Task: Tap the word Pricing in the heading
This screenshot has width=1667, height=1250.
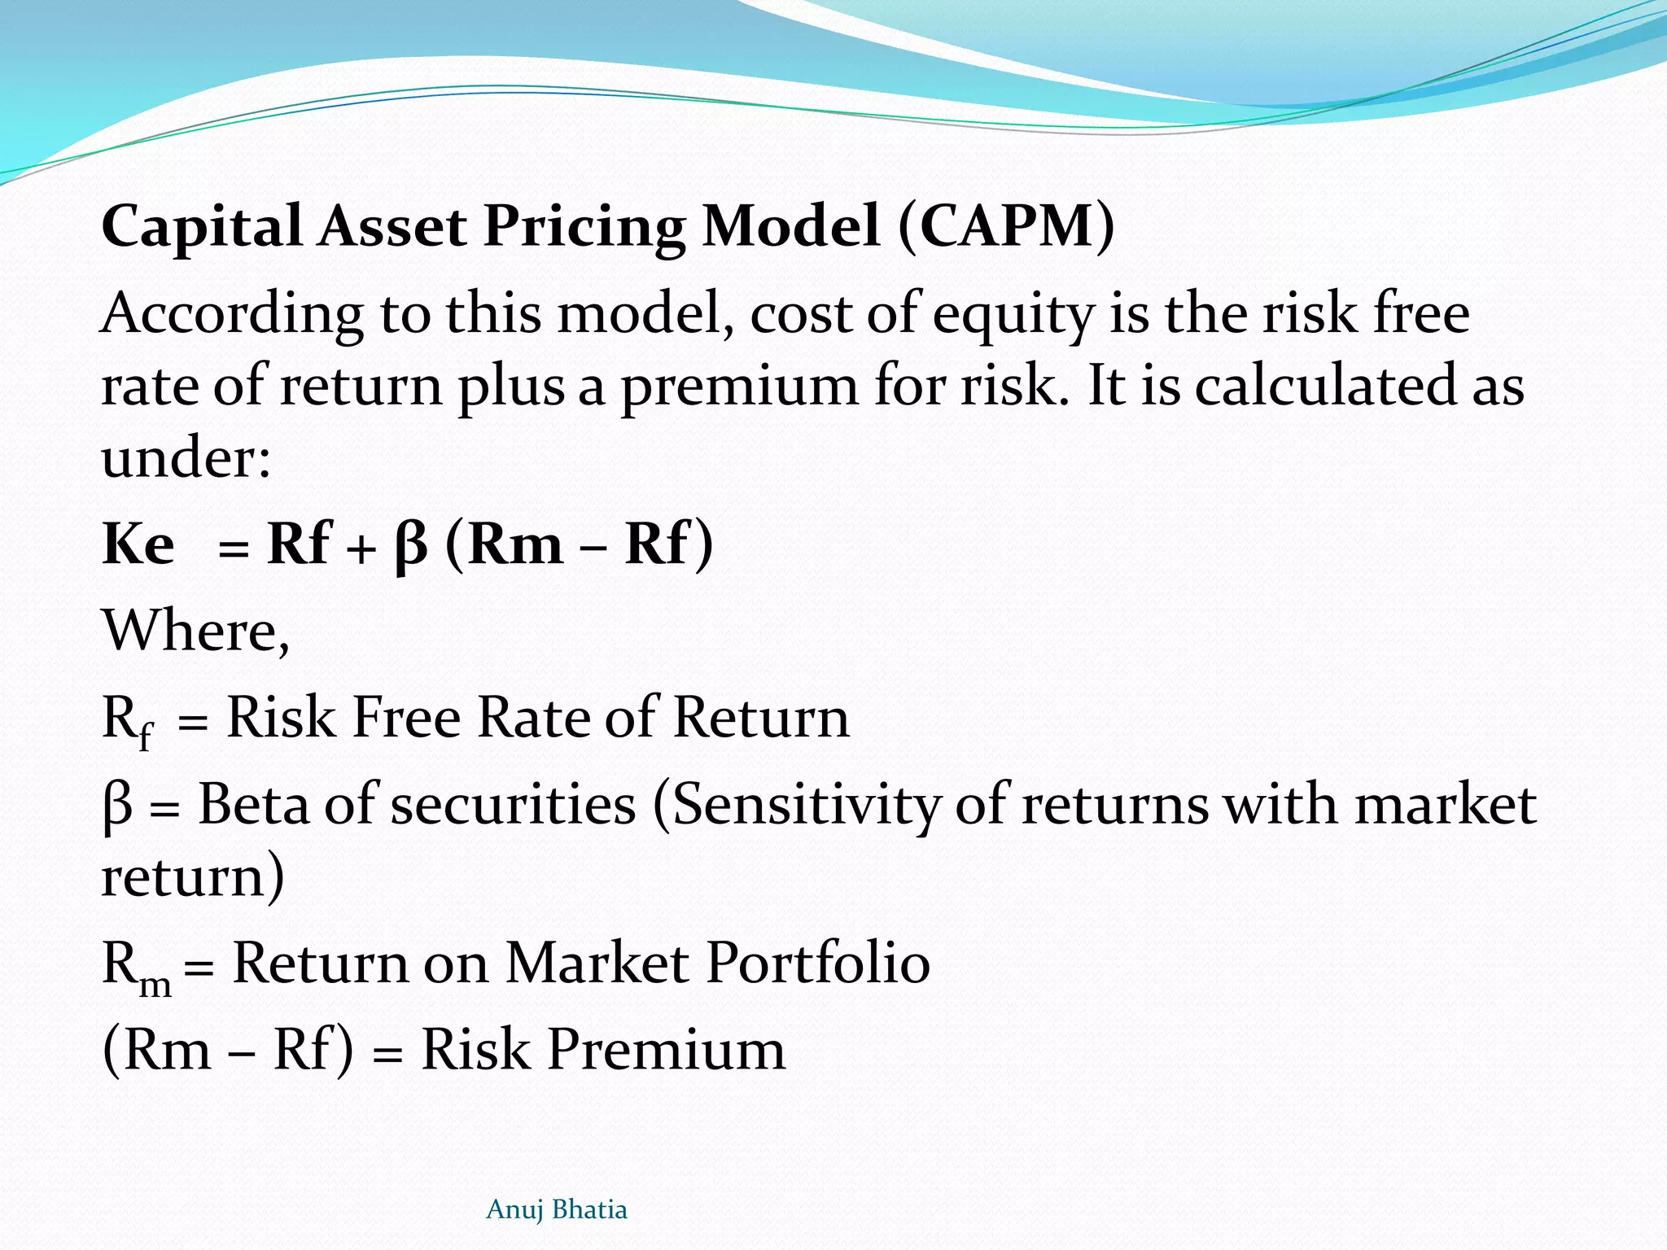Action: (x=584, y=227)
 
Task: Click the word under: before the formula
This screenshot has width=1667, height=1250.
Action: (x=186, y=457)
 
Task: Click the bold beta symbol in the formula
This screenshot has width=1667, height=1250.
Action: (x=410, y=545)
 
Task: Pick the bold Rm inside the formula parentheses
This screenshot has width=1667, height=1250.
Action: (x=515, y=544)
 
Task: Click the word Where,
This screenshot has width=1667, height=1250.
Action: (x=195, y=631)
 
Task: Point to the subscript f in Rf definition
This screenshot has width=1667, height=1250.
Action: (x=145, y=737)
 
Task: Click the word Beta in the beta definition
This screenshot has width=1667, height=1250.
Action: (x=253, y=804)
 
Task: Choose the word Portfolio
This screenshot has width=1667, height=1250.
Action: (x=818, y=963)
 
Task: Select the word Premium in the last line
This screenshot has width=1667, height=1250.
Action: (x=667, y=1049)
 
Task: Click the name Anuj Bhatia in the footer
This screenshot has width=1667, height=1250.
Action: (x=557, y=1209)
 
